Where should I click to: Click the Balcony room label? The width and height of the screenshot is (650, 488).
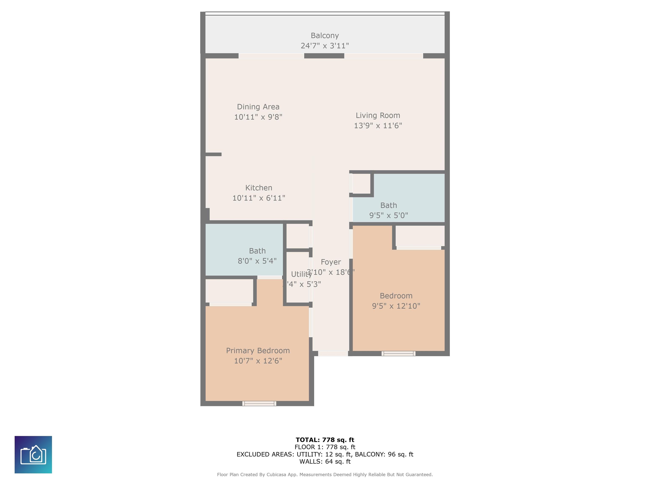[x=325, y=36]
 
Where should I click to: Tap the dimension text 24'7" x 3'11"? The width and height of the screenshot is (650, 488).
[x=325, y=46]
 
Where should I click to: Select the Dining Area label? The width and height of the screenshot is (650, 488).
[x=258, y=107]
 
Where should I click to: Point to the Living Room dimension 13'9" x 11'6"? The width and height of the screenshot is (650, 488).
[x=378, y=126]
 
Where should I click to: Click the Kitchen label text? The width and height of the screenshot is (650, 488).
[x=259, y=188]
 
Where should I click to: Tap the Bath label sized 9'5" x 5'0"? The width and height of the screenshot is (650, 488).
[x=388, y=205]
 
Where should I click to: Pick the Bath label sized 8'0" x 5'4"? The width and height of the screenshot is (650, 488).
[x=257, y=251]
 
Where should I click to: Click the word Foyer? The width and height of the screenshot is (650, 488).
[x=331, y=262]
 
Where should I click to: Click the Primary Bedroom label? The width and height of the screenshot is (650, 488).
[x=258, y=351]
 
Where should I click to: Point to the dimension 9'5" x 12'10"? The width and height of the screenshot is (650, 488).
[x=396, y=306]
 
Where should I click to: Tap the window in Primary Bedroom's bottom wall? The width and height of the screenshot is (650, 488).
[x=259, y=403]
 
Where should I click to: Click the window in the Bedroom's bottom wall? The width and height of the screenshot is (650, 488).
[x=398, y=354]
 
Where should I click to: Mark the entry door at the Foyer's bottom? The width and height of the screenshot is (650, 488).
[x=333, y=354]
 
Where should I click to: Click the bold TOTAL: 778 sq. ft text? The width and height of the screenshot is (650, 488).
[x=325, y=440]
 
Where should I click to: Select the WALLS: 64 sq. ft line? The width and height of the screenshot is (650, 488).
[x=325, y=462]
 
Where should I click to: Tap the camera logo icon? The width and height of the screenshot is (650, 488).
[x=33, y=455]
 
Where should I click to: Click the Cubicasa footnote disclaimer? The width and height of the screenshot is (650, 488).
[x=325, y=474]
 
